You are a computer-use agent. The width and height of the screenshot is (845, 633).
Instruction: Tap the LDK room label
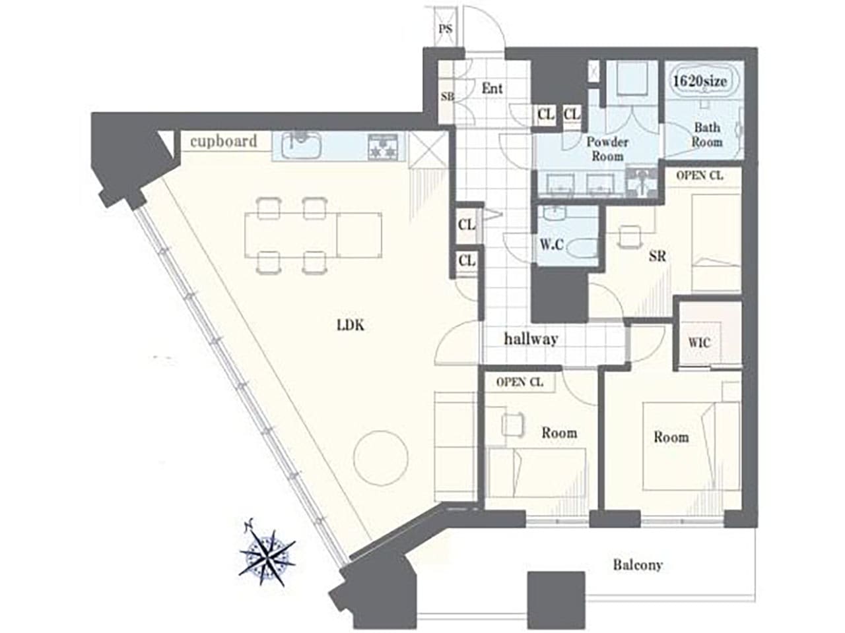[351, 325]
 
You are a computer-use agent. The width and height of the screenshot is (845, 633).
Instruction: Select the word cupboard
[224, 141]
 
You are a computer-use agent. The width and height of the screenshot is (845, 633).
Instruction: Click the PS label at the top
[446, 29]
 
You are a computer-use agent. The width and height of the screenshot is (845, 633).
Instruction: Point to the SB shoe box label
[447, 97]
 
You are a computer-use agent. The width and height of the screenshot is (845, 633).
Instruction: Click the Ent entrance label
[492, 88]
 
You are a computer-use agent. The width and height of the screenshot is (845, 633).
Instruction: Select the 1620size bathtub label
[700, 81]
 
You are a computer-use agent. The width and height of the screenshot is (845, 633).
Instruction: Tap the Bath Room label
[706, 135]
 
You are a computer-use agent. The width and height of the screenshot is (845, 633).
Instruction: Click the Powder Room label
[607, 149]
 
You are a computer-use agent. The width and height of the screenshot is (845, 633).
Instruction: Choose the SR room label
[657, 257]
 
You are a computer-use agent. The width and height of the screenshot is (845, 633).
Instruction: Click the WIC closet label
[699, 343]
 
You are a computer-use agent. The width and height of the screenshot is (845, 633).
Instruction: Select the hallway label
[531, 340]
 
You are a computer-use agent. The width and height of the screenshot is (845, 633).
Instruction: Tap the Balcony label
[637, 565]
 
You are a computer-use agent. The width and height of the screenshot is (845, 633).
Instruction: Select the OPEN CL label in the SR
[699, 176]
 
